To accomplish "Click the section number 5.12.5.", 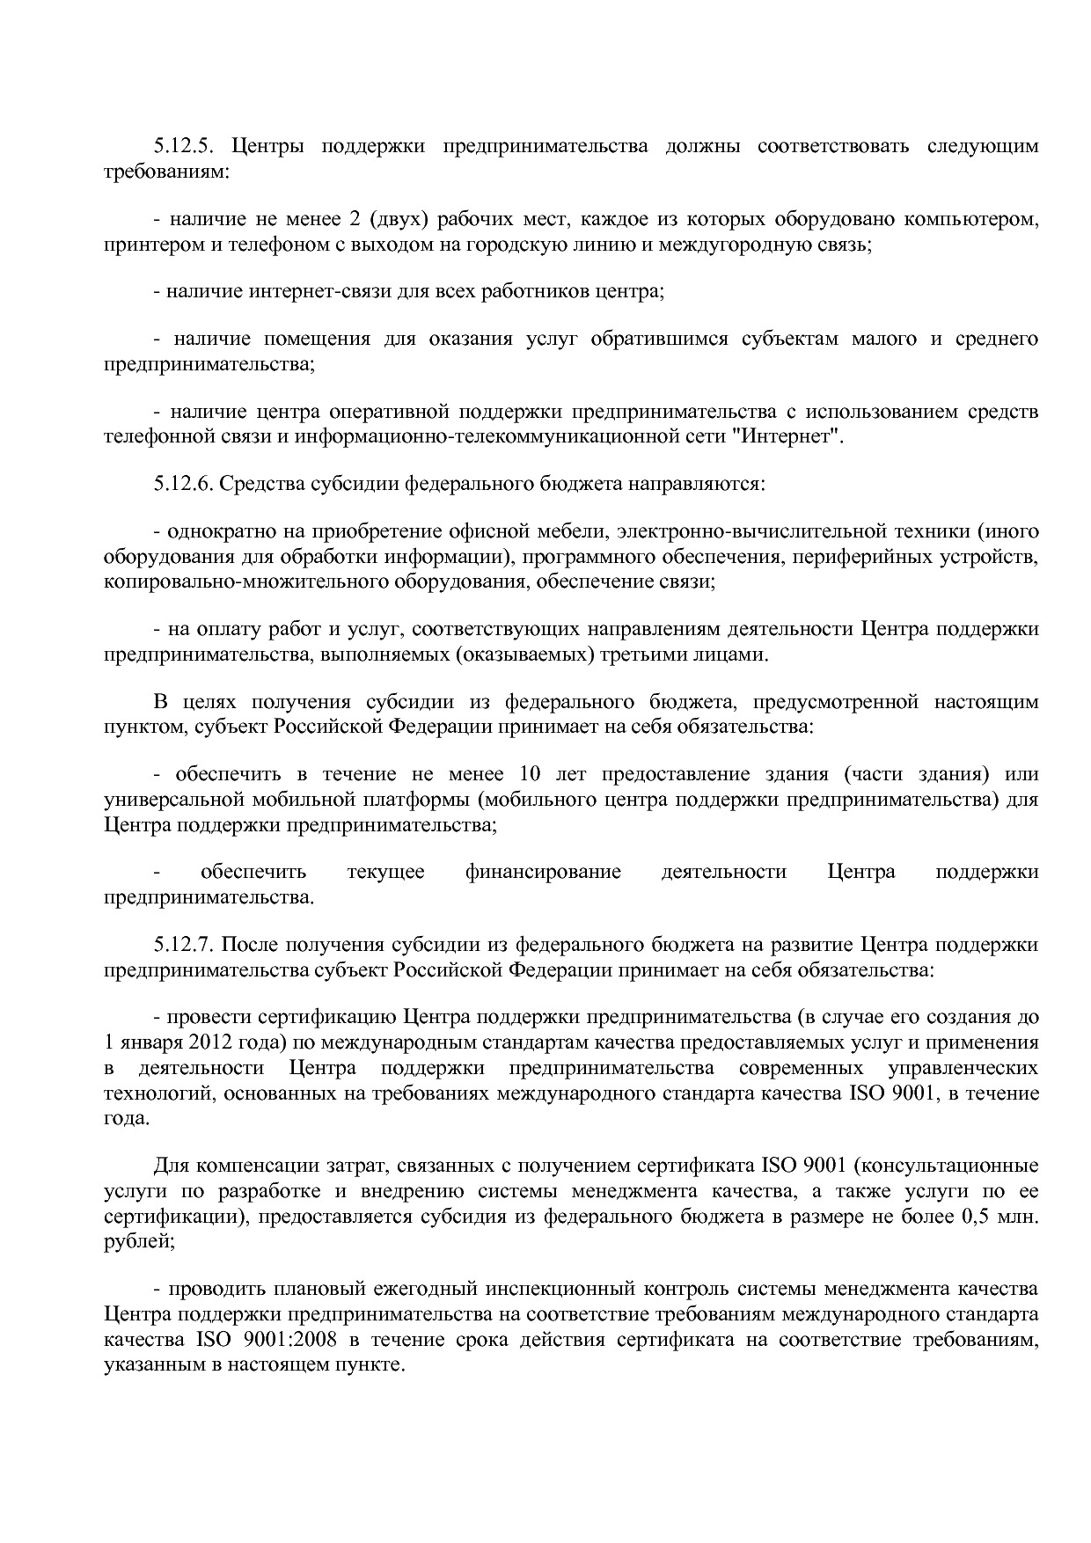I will pyautogui.click(x=186, y=146).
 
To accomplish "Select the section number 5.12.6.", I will pyautogui.click(x=186, y=483).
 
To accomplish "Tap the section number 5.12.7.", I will pyautogui.click(x=186, y=945).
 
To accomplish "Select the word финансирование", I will pyautogui.click(x=543, y=872).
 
